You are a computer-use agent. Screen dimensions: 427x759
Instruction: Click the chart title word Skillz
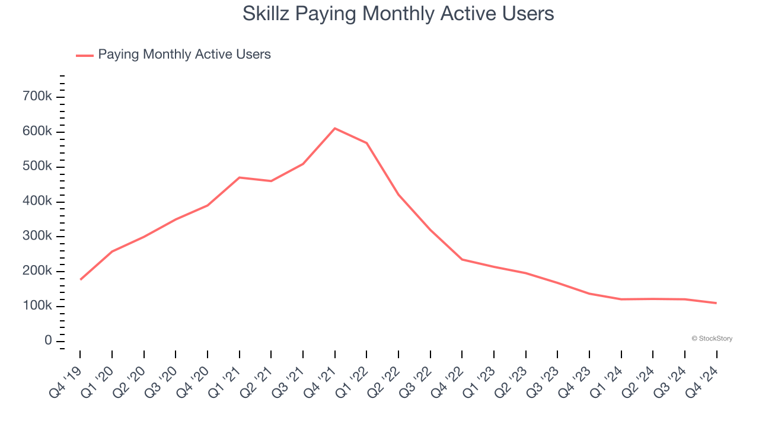[x=266, y=13]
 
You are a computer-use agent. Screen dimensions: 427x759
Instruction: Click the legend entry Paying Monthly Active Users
[x=184, y=55]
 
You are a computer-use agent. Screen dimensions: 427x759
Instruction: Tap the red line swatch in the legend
[x=85, y=55]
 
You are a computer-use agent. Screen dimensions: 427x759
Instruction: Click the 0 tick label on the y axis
[x=48, y=341]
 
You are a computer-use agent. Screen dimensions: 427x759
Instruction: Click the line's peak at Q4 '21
[x=335, y=128]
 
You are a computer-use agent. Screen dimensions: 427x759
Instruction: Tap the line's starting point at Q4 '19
[x=80, y=279]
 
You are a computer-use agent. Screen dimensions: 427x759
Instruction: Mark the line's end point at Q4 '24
[x=716, y=303]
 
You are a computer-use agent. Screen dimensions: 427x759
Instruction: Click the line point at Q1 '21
[x=240, y=177]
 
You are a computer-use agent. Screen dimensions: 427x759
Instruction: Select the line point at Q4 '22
[x=462, y=259]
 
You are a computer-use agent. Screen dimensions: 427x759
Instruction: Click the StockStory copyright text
[x=712, y=339]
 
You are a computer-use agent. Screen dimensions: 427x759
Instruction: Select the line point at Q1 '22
[x=366, y=143]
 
